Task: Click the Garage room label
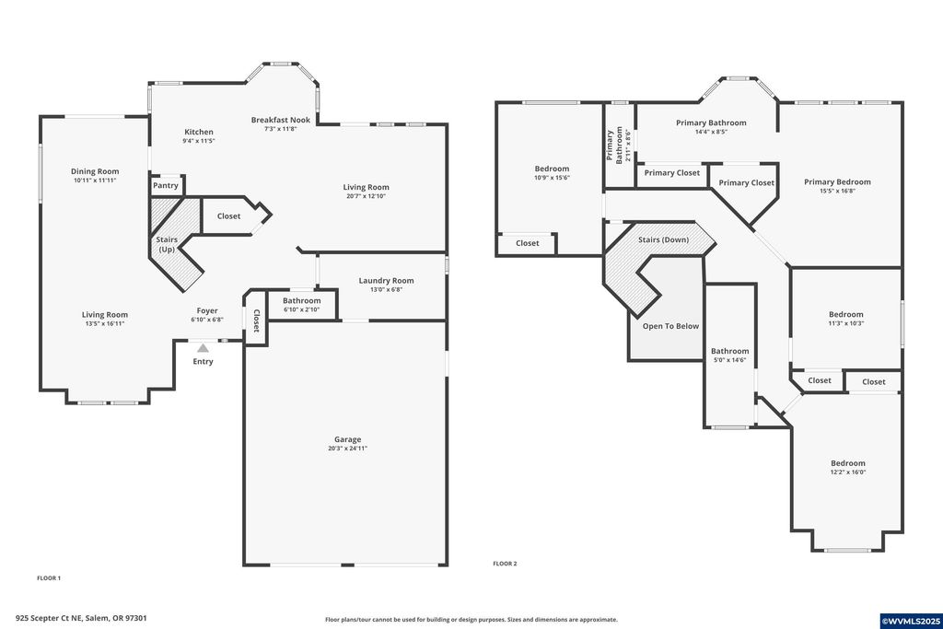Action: pyautogui.click(x=347, y=439)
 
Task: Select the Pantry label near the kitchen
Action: pyautogui.click(x=166, y=185)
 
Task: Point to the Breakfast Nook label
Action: pyautogui.click(x=281, y=120)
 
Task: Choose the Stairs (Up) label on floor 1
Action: pyautogui.click(x=167, y=245)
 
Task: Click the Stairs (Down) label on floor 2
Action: pyautogui.click(x=663, y=239)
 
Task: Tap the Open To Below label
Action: pyautogui.click(x=670, y=326)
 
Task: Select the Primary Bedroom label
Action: pyautogui.click(x=837, y=181)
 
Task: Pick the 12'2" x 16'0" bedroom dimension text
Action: pyautogui.click(x=848, y=472)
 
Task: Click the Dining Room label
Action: pyautogui.click(x=96, y=171)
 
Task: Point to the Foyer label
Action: pyautogui.click(x=207, y=310)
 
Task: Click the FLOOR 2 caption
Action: pyautogui.click(x=505, y=564)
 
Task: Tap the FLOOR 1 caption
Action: pyautogui.click(x=49, y=578)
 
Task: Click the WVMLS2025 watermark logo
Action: pyautogui.click(x=909, y=620)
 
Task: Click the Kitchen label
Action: pyautogui.click(x=198, y=132)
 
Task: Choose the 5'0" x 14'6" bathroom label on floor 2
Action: pyautogui.click(x=729, y=360)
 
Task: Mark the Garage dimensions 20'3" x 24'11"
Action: pyautogui.click(x=347, y=448)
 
